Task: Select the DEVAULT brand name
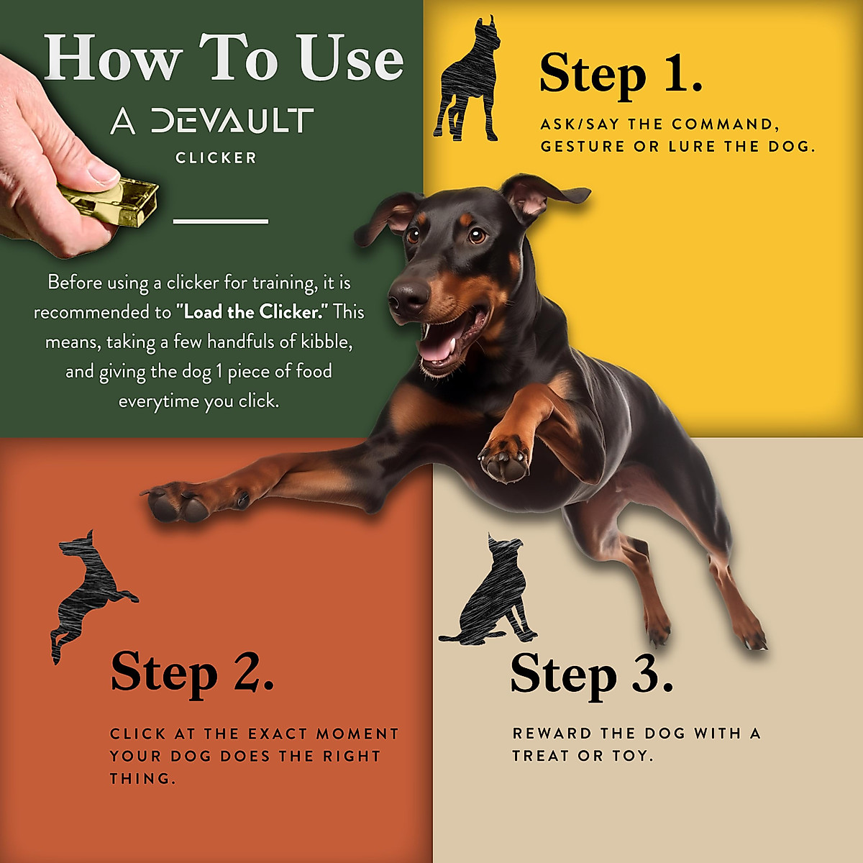232,122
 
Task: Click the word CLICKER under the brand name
216,158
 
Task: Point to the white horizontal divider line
221,221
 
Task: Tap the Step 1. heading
620,73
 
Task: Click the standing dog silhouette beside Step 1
467,83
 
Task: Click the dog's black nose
408,296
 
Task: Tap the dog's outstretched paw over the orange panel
176,502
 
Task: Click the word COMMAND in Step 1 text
723,124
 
